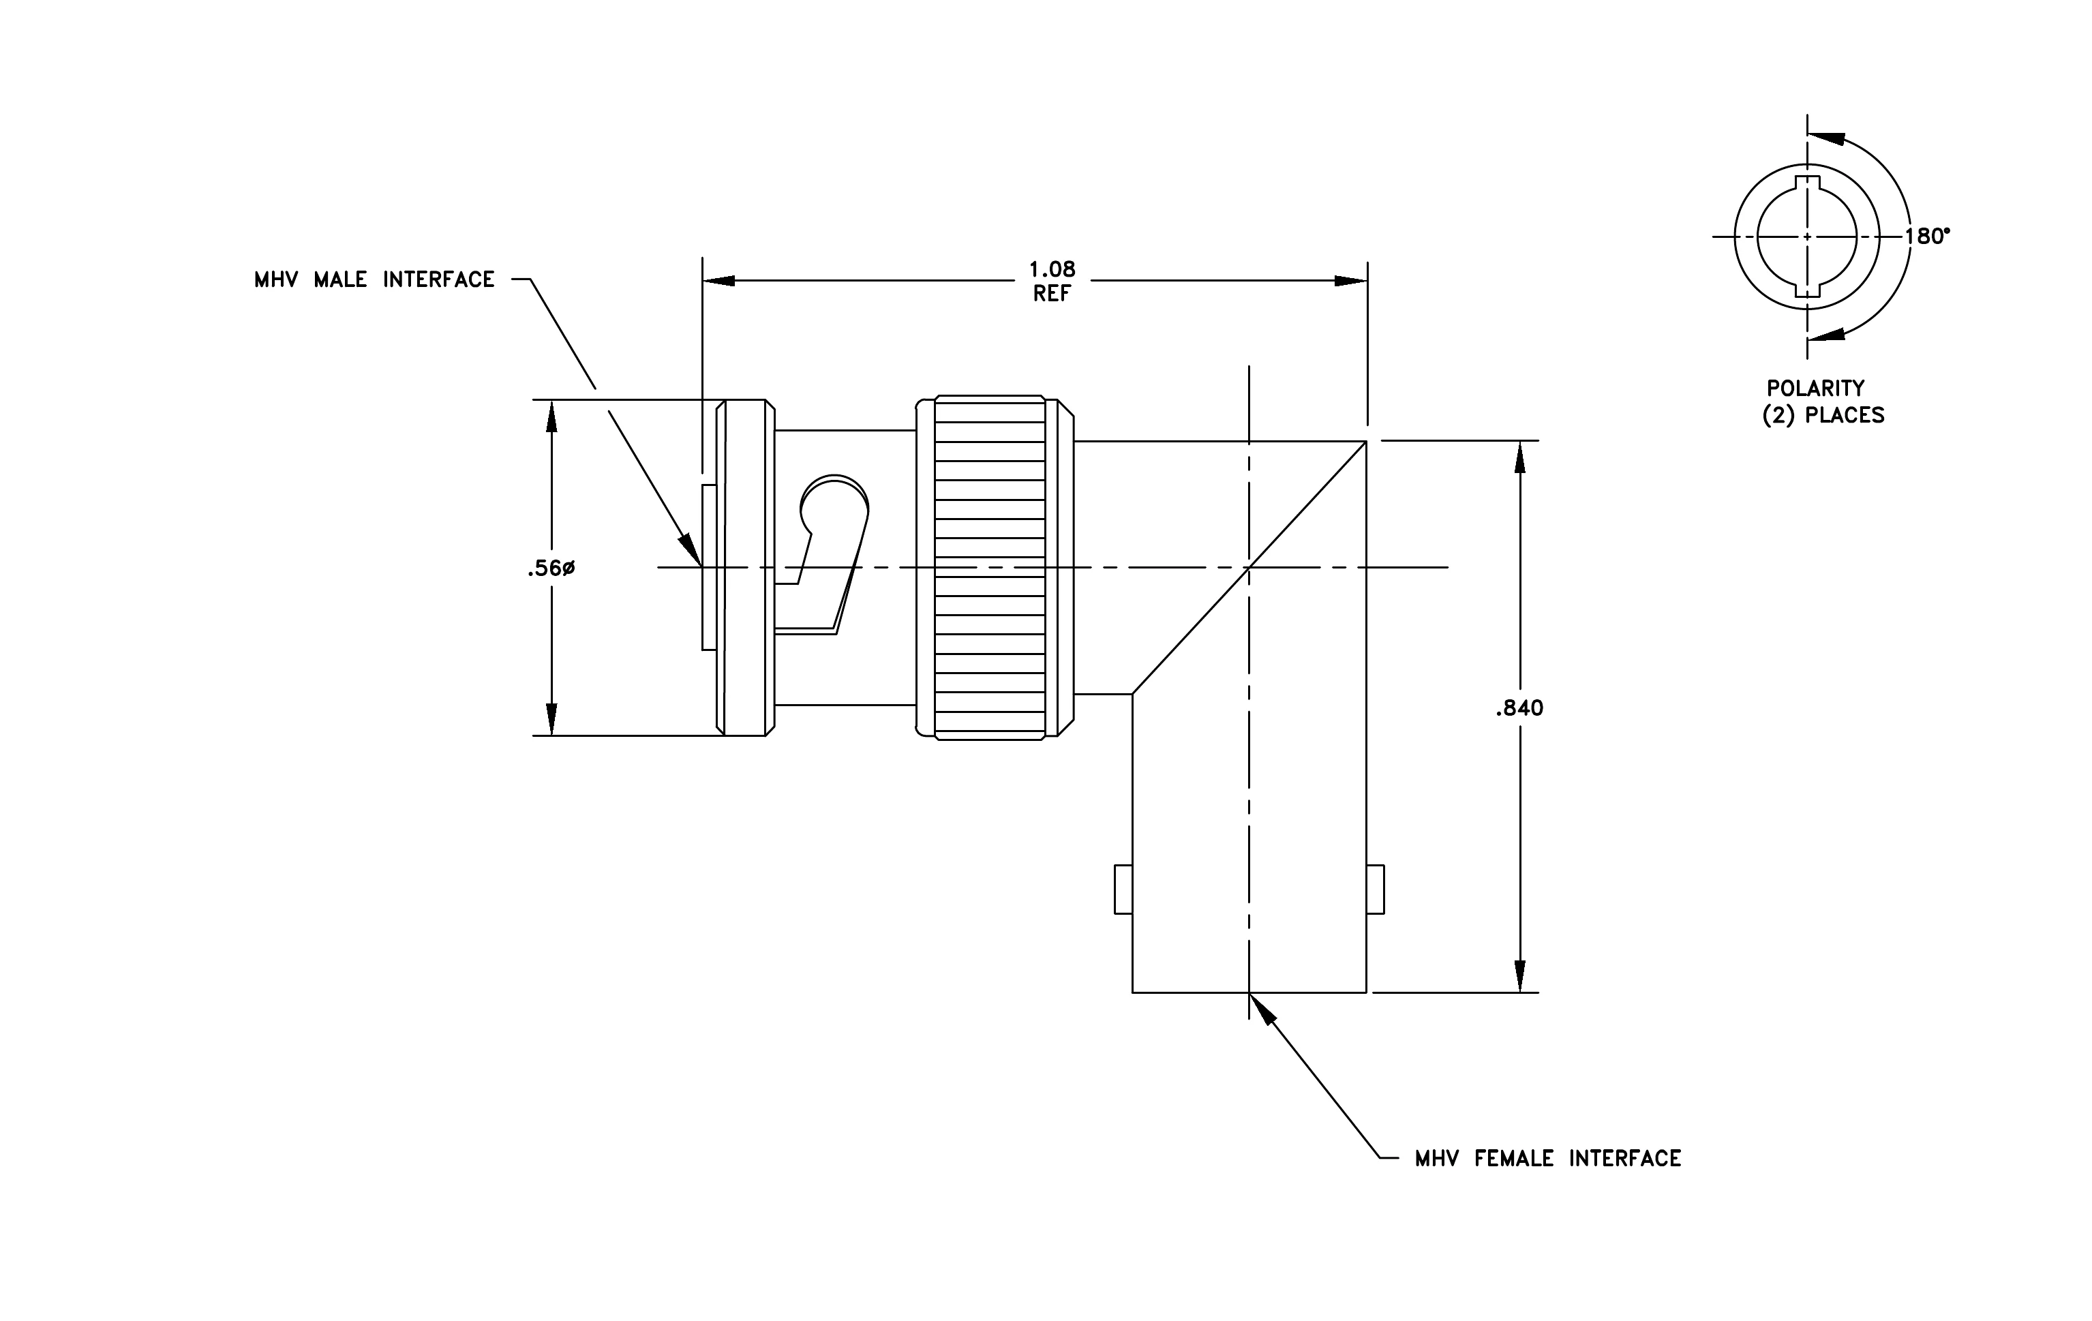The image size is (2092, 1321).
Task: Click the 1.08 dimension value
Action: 1052,269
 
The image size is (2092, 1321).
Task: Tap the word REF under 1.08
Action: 1052,294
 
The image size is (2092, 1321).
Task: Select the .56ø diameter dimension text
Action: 551,569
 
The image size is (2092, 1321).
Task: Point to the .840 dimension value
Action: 1519,709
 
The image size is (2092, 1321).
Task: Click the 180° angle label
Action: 1927,237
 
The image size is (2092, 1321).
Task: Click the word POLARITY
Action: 1816,389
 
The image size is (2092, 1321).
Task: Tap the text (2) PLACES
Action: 1823,415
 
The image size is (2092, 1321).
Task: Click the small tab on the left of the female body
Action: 1123,890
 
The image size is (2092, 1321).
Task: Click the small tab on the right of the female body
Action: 1376,890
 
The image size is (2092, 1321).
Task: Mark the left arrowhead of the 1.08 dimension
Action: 719,281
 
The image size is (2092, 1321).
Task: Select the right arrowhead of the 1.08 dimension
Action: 1351,281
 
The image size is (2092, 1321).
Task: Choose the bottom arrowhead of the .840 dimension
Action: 1519,975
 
